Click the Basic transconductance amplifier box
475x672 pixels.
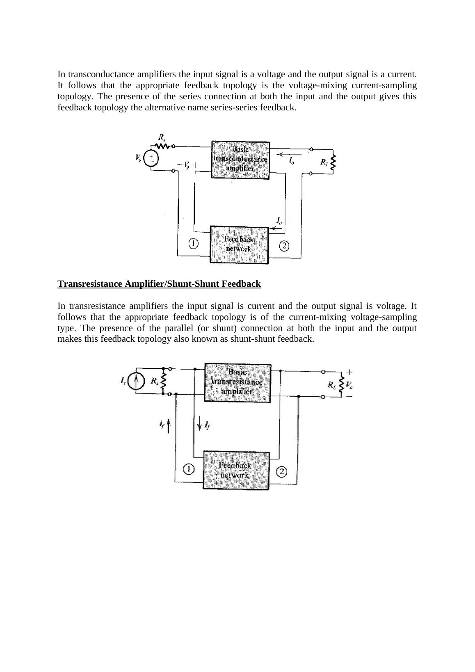coord(240,160)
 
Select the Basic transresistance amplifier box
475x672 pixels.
coord(237,382)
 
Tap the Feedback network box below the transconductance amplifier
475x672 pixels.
coord(239,245)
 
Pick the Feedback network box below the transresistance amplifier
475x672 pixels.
coord(236,471)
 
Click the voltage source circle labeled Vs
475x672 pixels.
coord(151,159)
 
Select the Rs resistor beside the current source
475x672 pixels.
coord(164,382)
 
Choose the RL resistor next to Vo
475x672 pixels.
coord(341,384)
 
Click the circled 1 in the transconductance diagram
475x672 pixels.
coord(193,244)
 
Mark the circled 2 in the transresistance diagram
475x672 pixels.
coord(282,471)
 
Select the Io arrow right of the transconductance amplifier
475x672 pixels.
coord(289,155)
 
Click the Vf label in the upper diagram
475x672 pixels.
coord(187,165)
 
